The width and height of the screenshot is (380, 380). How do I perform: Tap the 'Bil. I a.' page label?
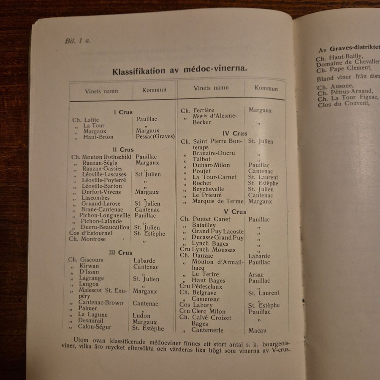[77, 41]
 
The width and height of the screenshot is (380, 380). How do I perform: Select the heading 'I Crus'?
[123, 112]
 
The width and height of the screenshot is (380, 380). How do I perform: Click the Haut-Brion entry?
[98, 137]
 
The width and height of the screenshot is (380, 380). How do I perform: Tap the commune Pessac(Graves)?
[155, 137]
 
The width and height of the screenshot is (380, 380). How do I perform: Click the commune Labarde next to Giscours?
[144, 261]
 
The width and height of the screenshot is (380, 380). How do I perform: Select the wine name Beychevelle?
[208, 189]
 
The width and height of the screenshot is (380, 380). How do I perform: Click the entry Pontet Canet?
[211, 219]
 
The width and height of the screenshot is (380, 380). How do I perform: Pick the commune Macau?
[258, 330]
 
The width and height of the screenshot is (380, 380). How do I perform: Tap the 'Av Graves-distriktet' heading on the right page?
[347, 47]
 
